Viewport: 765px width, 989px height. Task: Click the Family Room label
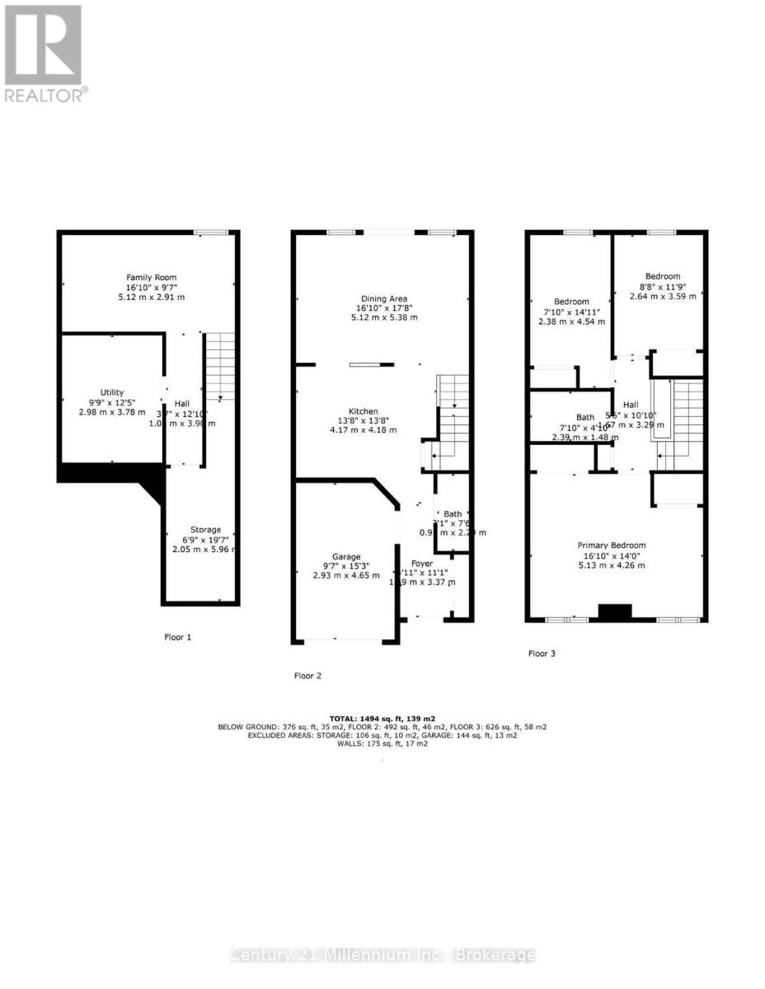pyautogui.click(x=151, y=278)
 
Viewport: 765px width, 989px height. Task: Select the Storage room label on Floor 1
pyautogui.click(x=205, y=529)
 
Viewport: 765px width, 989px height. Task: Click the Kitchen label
pyautogui.click(x=363, y=410)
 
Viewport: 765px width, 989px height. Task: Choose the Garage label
pyautogui.click(x=346, y=556)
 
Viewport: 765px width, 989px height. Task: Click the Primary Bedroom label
pyautogui.click(x=611, y=545)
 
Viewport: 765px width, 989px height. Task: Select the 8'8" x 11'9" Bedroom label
pyautogui.click(x=663, y=276)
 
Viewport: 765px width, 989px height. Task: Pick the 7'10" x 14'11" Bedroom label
pyautogui.click(x=571, y=301)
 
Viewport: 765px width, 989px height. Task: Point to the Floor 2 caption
pyautogui.click(x=307, y=676)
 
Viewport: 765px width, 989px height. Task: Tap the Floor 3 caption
pyautogui.click(x=542, y=654)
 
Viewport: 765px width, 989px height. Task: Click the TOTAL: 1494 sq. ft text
pyautogui.click(x=382, y=717)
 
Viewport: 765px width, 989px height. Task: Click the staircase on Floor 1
pyautogui.click(x=219, y=366)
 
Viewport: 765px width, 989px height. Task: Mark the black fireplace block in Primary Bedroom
pyautogui.click(x=614, y=612)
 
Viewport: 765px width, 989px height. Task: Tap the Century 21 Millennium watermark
pyautogui.click(x=382, y=955)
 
